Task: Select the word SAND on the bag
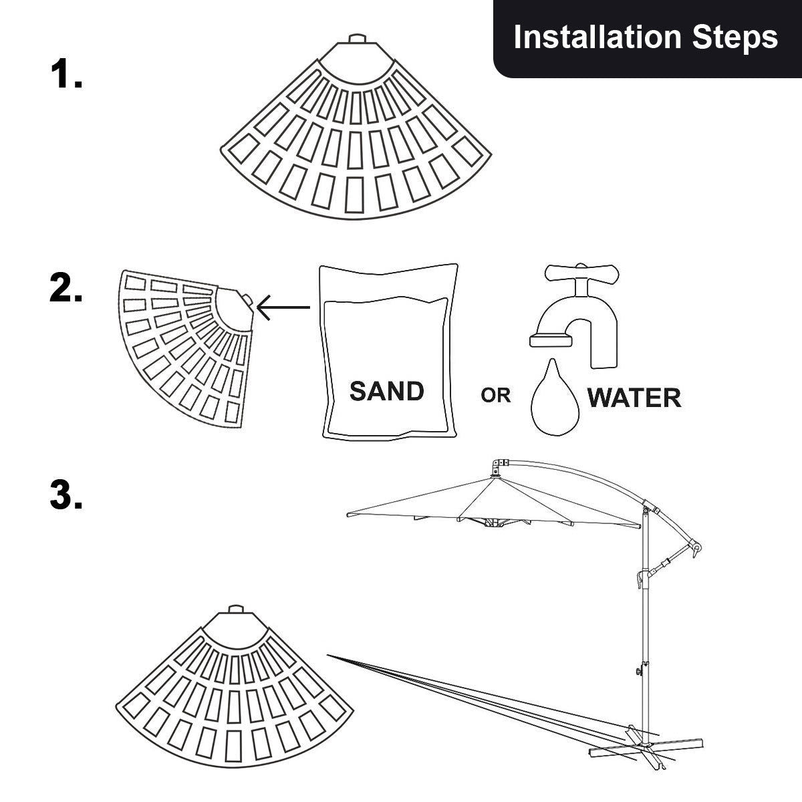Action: [x=387, y=391]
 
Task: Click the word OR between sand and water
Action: [x=495, y=396]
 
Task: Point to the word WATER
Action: [x=634, y=398]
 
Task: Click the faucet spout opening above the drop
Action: [x=552, y=340]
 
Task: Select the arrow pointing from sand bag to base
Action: [x=283, y=307]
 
